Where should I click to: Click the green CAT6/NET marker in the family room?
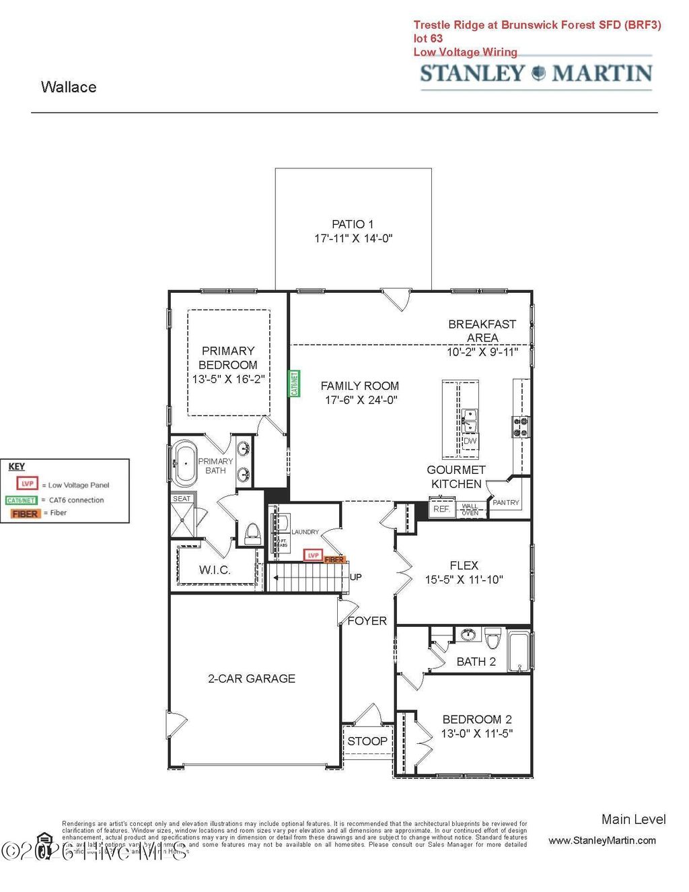[x=294, y=384]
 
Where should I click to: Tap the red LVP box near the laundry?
[x=313, y=555]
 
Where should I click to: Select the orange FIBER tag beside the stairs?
[x=334, y=559]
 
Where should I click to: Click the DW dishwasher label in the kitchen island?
[x=470, y=442]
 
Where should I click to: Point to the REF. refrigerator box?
[x=441, y=509]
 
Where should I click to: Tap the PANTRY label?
[x=506, y=502]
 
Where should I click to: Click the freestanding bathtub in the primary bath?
[x=184, y=463]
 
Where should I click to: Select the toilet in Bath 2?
[x=493, y=637]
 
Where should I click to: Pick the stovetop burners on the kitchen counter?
[x=521, y=427]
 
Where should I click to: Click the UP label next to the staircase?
[x=356, y=577]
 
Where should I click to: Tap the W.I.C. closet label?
[x=215, y=570]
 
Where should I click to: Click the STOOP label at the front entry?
[x=367, y=741]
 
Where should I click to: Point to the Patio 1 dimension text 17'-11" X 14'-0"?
[x=353, y=238]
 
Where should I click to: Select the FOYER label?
[x=367, y=621]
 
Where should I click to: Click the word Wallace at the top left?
[x=69, y=87]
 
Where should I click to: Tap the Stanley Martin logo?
[x=536, y=73]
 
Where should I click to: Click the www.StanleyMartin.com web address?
[x=602, y=840]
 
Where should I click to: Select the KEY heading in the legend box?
[x=17, y=467]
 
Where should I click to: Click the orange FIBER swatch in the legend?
[x=25, y=514]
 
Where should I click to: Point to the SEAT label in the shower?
[x=182, y=499]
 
